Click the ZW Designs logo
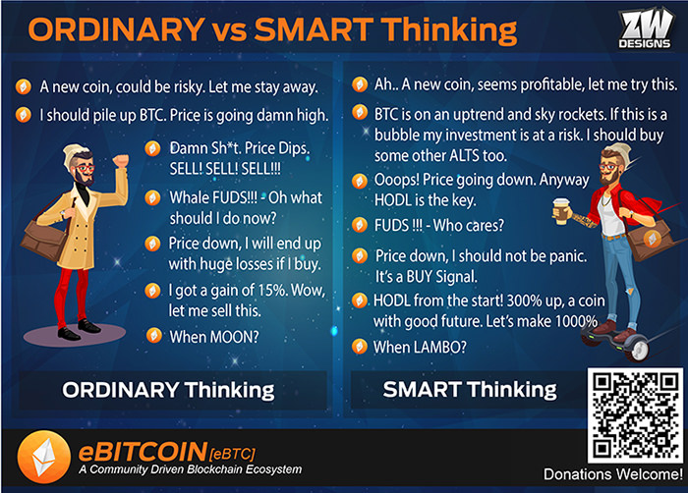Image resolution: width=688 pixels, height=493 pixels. point(645,28)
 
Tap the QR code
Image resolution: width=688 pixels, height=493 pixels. point(635,415)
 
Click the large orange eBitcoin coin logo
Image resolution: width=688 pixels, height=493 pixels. point(44,457)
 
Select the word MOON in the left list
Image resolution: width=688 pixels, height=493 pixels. point(231,337)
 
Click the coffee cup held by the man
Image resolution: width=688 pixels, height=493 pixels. point(561,211)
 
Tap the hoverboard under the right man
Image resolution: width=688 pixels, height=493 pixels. point(615,342)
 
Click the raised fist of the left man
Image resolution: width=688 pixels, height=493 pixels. point(121,160)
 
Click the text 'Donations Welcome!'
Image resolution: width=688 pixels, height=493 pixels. point(613,474)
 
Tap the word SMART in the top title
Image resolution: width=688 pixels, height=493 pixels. point(314,29)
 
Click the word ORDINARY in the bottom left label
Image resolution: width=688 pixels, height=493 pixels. point(121,390)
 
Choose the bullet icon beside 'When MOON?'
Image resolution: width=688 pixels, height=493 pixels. point(154,336)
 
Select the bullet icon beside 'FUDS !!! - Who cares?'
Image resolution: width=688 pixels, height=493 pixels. point(360,225)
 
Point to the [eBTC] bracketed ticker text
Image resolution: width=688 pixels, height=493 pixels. point(233,453)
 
